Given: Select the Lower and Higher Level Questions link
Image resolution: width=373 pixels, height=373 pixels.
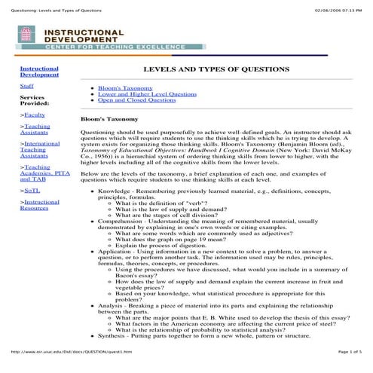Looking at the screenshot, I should click(141, 93).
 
